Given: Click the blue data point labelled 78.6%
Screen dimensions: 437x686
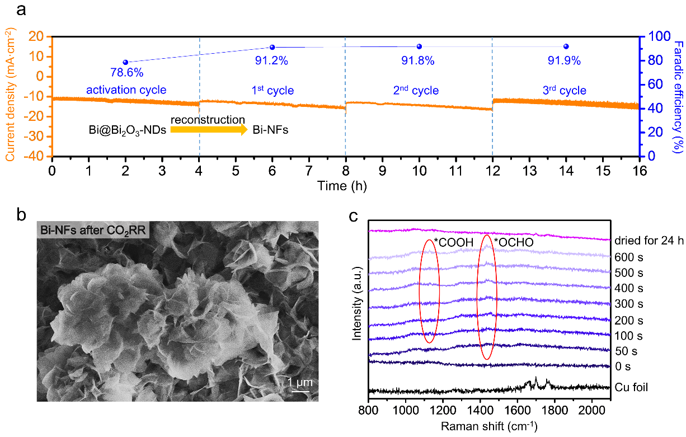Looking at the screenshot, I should (x=125, y=62).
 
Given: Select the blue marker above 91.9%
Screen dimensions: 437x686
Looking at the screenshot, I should (x=566, y=46).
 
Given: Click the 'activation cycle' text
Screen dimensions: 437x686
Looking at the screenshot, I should (x=126, y=90).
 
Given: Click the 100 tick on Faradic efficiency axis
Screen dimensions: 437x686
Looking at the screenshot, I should (x=655, y=36).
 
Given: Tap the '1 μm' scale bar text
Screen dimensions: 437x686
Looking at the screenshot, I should (x=299, y=382).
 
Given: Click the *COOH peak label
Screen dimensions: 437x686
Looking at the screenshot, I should (x=454, y=242).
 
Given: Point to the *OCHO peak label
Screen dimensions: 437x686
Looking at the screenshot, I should (x=513, y=243).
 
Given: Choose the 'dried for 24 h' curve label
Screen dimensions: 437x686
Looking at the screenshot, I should (x=649, y=241).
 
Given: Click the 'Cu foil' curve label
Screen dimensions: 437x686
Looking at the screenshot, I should (x=631, y=387).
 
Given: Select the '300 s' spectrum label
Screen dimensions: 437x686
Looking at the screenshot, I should (x=629, y=304).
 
